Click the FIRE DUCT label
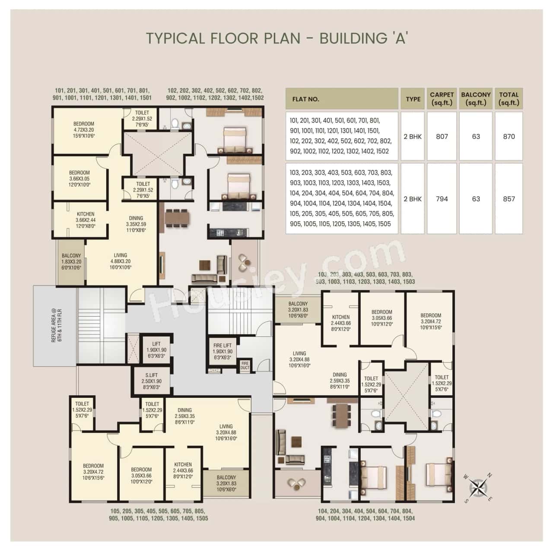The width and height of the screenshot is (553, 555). [x=245, y=365]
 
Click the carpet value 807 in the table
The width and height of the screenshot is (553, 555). [x=442, y=136]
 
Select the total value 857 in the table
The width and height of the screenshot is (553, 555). [x=509, y=199]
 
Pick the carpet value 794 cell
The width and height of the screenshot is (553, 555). [x=442, y=199]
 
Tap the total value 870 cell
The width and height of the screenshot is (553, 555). [x=509, y=136]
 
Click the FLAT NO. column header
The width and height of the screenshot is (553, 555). [x=305, y=99]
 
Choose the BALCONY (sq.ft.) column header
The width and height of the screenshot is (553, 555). [x=476, y=98]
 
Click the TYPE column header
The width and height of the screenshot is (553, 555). [x=413, y=99]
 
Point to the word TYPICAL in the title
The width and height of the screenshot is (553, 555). [x=175, y=38]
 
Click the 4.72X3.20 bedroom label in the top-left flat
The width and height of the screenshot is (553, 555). [x=84, y=130]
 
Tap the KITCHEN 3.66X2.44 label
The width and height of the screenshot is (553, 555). [x=86, y=220]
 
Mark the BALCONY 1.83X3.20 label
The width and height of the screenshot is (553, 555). [x=71, y=262]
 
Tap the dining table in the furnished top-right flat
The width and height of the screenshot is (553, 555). [x=177, y=218]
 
